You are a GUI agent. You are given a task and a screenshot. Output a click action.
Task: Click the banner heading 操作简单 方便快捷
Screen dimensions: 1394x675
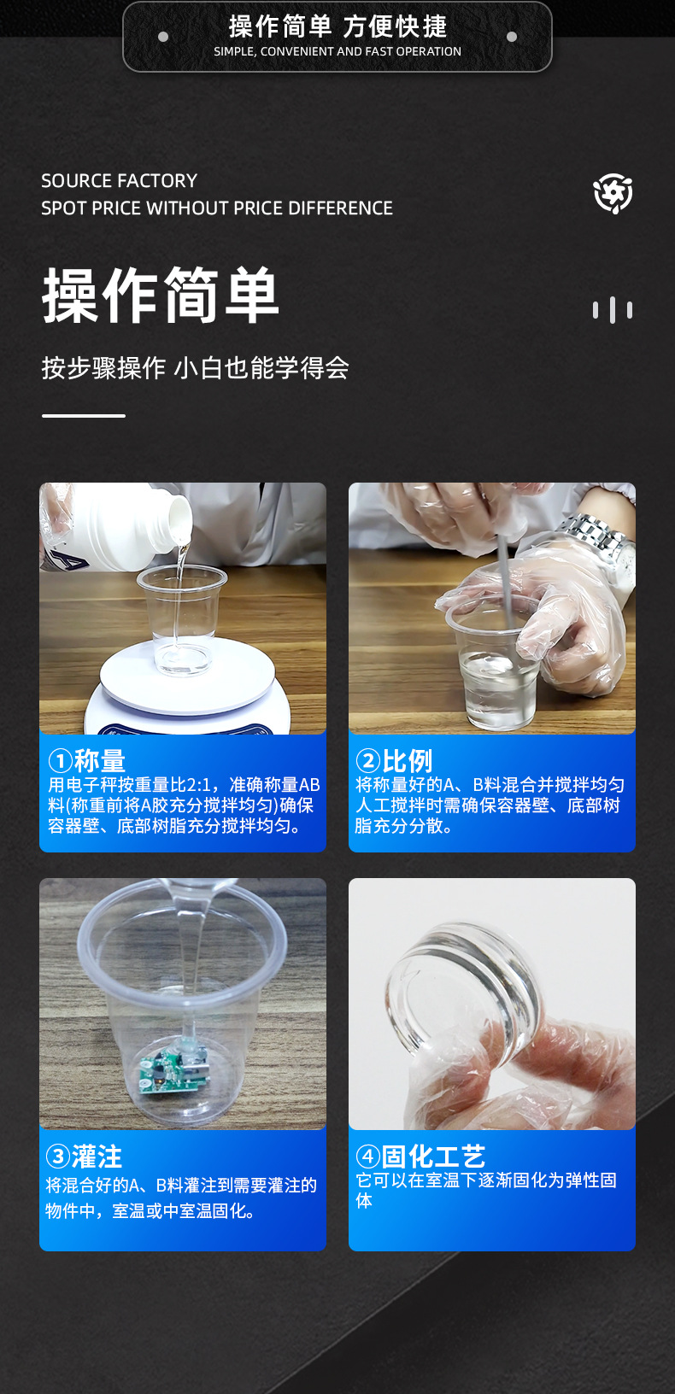pos(337,26)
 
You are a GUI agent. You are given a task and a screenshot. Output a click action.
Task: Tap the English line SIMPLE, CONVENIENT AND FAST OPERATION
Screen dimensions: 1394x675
pos(337,51)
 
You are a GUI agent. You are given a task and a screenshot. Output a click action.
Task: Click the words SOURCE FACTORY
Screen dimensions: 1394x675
pos(119,180)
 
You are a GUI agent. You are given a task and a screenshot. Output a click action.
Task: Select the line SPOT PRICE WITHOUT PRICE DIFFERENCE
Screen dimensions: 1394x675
pos(217,208)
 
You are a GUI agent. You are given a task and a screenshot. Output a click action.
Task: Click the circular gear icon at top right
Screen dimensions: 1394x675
pos(613,193)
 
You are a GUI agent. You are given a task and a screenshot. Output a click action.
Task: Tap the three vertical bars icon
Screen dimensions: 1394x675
pos(613,309)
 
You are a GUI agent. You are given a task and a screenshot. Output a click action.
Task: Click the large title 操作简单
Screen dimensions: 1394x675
pos(161,296)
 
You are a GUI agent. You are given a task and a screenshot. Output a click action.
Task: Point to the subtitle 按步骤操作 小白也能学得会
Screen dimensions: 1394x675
pos(195,367)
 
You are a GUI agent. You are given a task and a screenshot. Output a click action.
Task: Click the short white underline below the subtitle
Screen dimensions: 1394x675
pos(84,416)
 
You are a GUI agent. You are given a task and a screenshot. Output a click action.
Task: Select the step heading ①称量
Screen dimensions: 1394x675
pos(86,760)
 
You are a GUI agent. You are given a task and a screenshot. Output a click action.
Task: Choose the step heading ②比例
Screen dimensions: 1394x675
pos(394,760)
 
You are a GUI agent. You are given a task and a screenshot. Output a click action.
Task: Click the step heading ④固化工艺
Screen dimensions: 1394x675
pos(420,1157)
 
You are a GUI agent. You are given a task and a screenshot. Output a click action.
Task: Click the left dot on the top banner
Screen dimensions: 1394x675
pos(163,37)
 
